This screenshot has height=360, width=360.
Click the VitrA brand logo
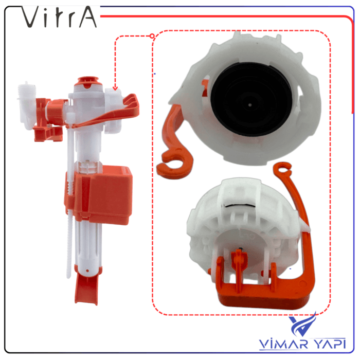click(59, 17)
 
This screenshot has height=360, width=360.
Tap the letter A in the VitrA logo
click(87, 17)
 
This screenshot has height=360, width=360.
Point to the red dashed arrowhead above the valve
click(115, 88)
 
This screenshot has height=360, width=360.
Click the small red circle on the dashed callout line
click(152, 36)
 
